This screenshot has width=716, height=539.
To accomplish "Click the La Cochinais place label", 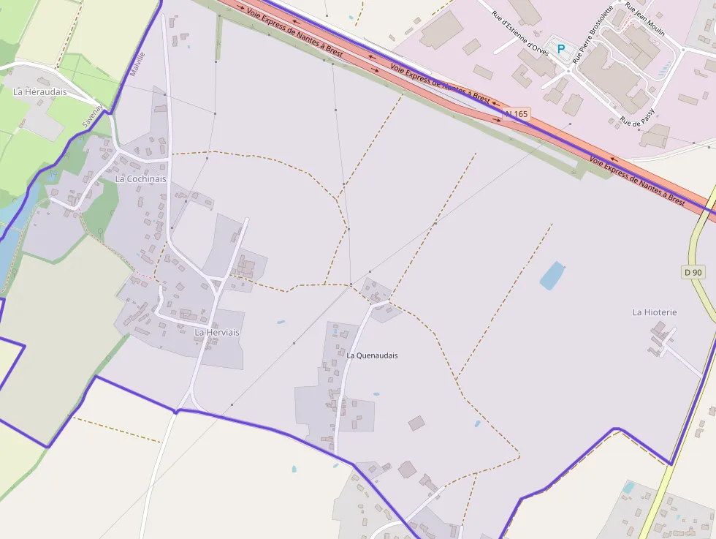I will point(140,178).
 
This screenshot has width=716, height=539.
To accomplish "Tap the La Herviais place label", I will point(217,332).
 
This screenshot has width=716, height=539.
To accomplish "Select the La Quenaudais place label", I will point(372,355).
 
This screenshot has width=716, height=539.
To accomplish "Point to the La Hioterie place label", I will point(655,312).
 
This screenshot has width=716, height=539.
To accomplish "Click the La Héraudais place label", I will point(40,91).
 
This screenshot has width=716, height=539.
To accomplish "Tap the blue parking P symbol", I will point(561,49).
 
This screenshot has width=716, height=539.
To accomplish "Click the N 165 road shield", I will point(516,114).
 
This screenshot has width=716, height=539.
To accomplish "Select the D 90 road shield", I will point(693,272).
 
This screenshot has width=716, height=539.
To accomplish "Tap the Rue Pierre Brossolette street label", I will point(591,37).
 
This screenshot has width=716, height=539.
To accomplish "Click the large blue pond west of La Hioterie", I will point(552,275).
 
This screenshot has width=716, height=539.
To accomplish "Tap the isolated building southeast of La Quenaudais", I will point(416,423).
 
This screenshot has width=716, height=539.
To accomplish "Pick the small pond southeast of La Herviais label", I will point(281,322).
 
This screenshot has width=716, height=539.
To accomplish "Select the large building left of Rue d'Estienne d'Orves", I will point(441,30).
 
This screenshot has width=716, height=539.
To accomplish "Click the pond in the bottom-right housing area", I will point(628,487).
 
